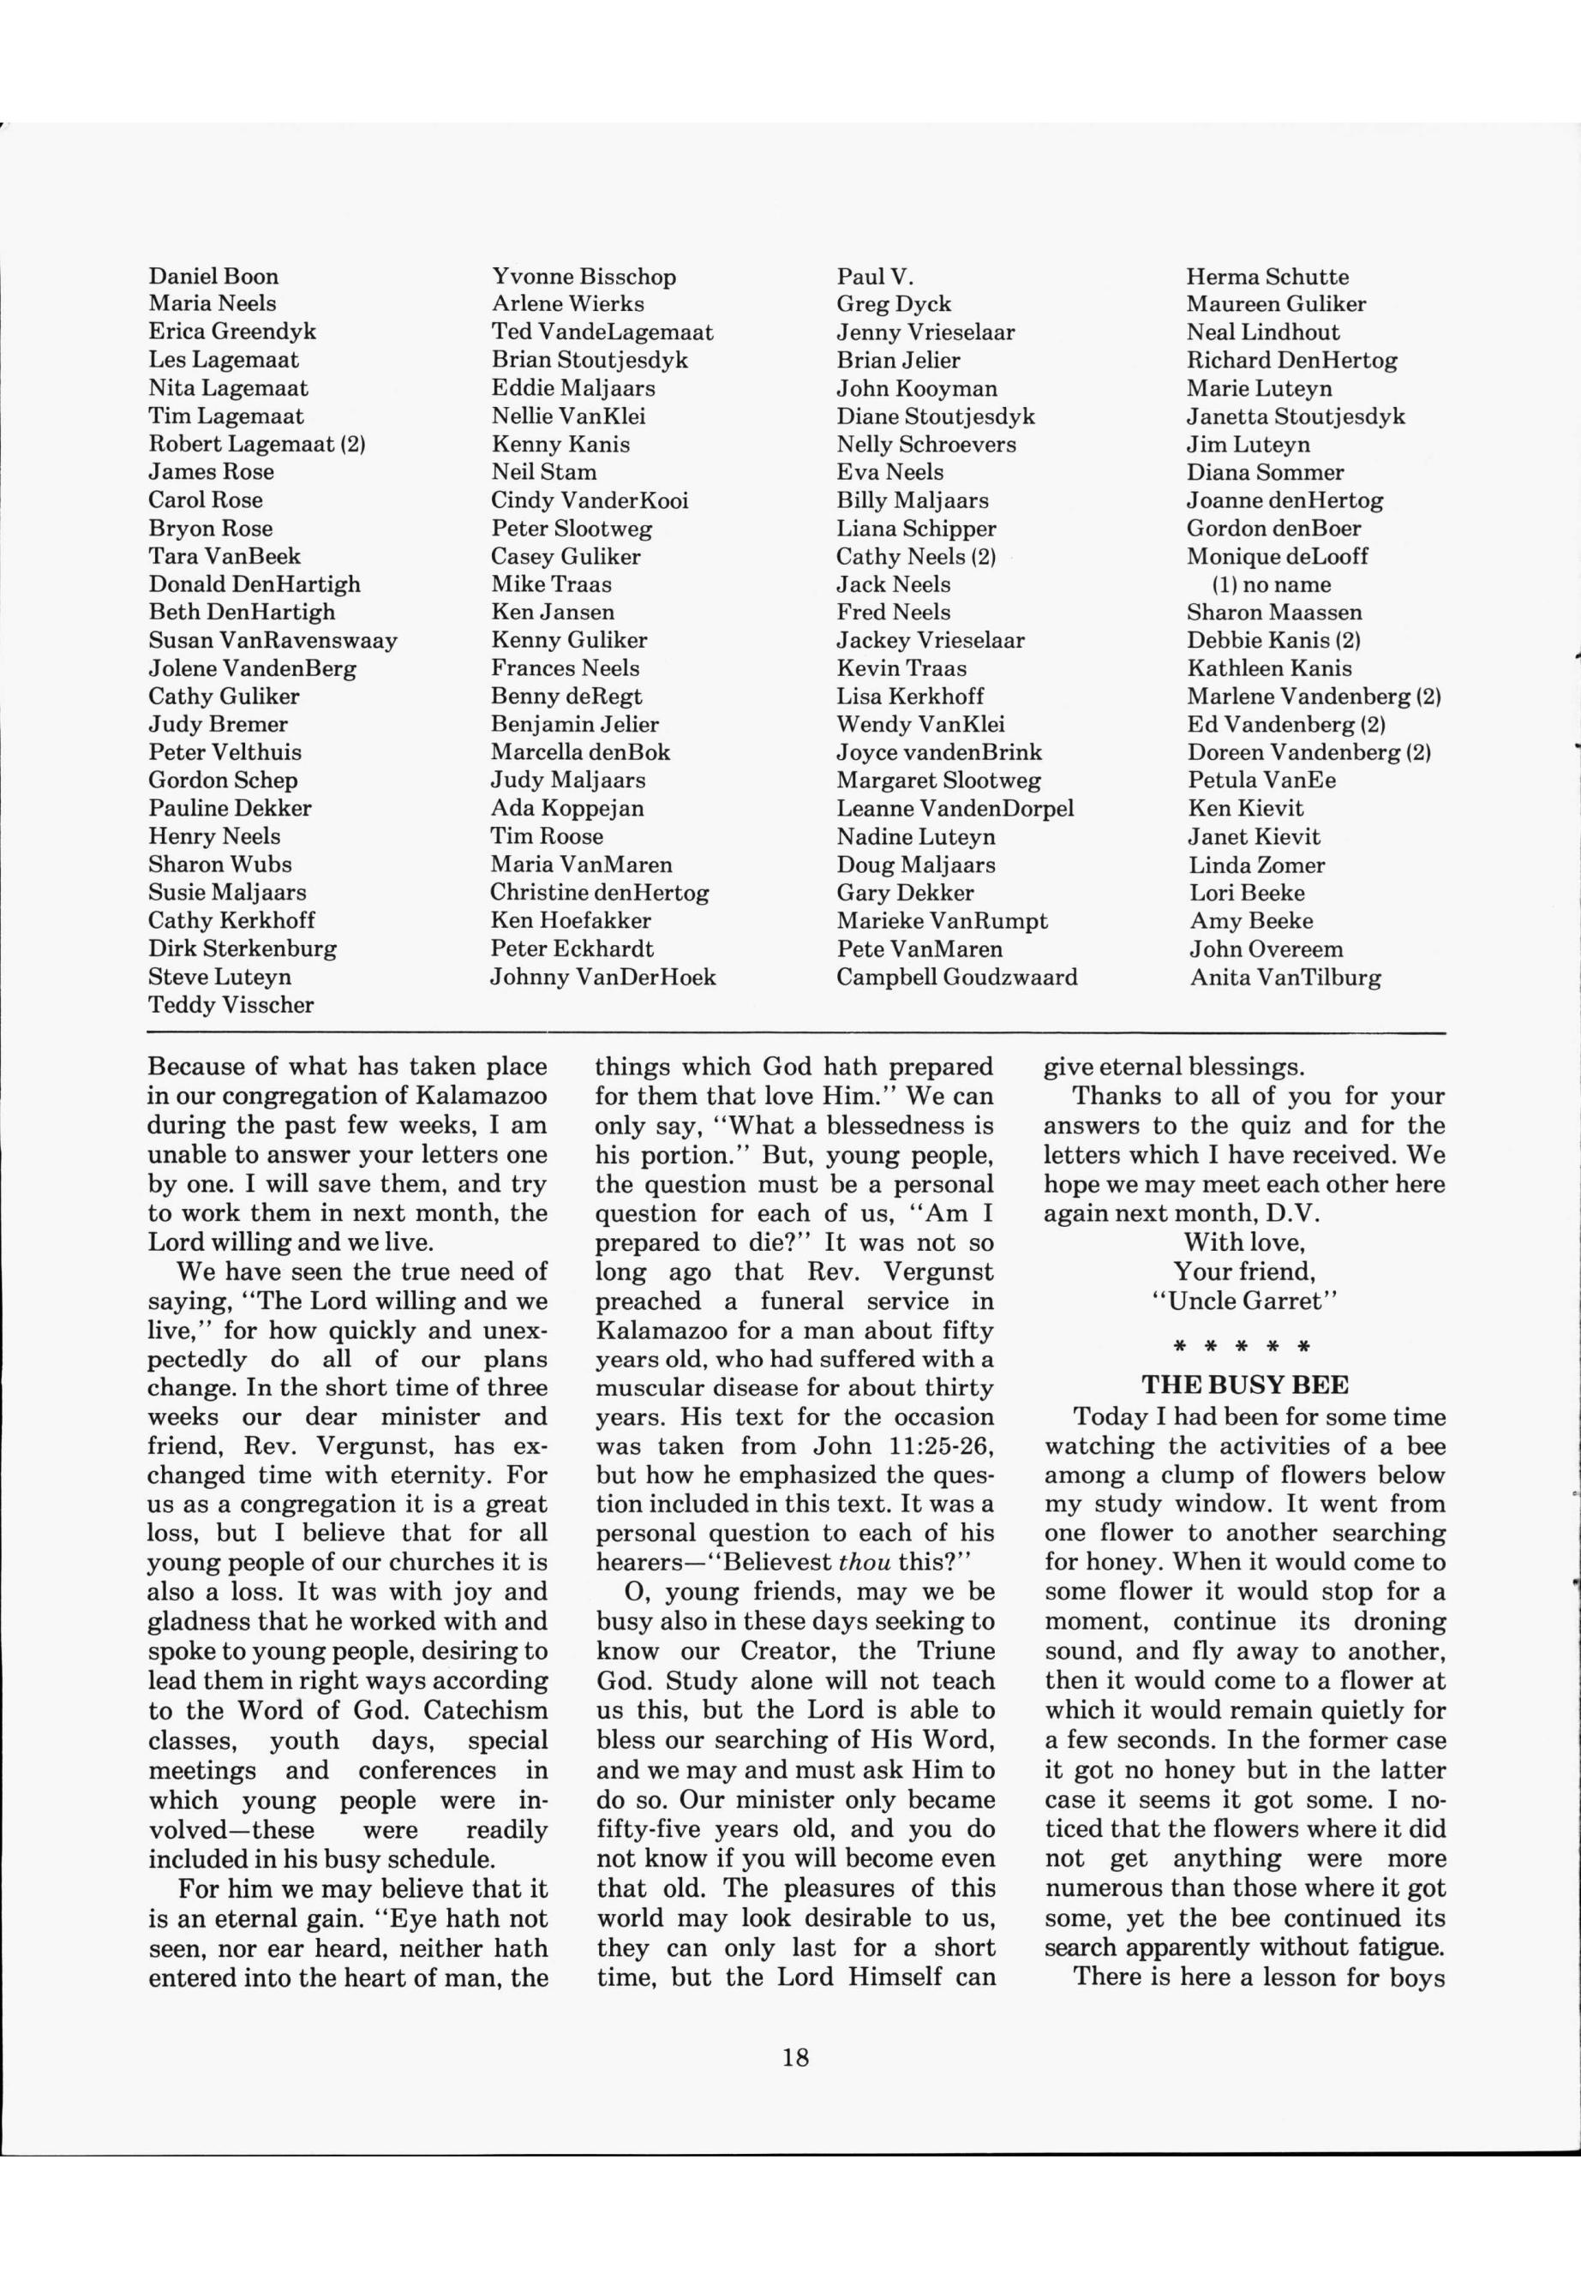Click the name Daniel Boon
(x=214, y=277)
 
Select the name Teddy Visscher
(x=231, y=1005)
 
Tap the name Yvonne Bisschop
(x=584, y=277)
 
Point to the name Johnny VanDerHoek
(x=602, y=978)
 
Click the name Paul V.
(x=875, y=277)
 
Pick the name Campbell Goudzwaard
(x=956, y=978)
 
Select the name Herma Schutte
(x=1267, y=277)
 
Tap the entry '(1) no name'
(x=1272, y=584)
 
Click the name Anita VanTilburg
(x=1285, y=978)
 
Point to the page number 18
(x=795, y=2058)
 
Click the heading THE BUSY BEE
(x=1244, y=1385)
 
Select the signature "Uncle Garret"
(x=1244, y=1301)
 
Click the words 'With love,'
(x=1244, y=1242)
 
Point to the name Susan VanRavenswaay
(x=272, y=641)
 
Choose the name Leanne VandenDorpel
(x=955, y=808)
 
